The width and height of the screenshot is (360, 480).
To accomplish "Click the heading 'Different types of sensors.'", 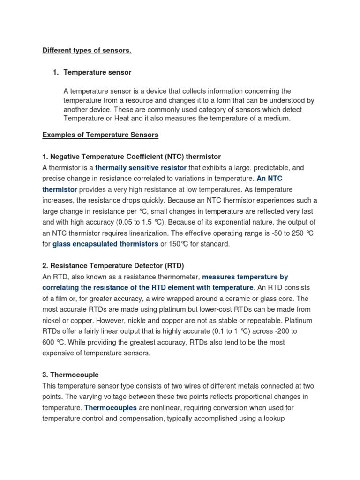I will click(x=87, y=51).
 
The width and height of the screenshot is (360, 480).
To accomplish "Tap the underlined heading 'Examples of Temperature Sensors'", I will click(x=100, y=135).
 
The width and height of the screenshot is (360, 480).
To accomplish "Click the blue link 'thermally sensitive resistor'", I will click(x=141, y=168).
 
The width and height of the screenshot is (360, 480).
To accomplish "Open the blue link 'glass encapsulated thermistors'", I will click(x=105, y=244).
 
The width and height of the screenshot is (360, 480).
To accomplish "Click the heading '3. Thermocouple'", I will click(x=70, y=375).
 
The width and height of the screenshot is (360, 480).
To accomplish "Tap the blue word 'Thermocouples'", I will click(x=111, y=408).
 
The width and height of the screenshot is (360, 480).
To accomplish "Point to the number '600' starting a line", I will click(x=48, y=342).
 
